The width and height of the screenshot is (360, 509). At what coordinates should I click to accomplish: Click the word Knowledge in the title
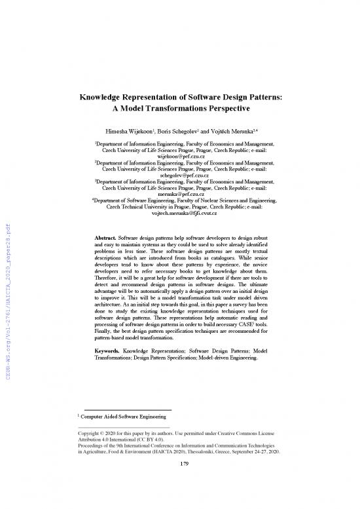tap(109, 96)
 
